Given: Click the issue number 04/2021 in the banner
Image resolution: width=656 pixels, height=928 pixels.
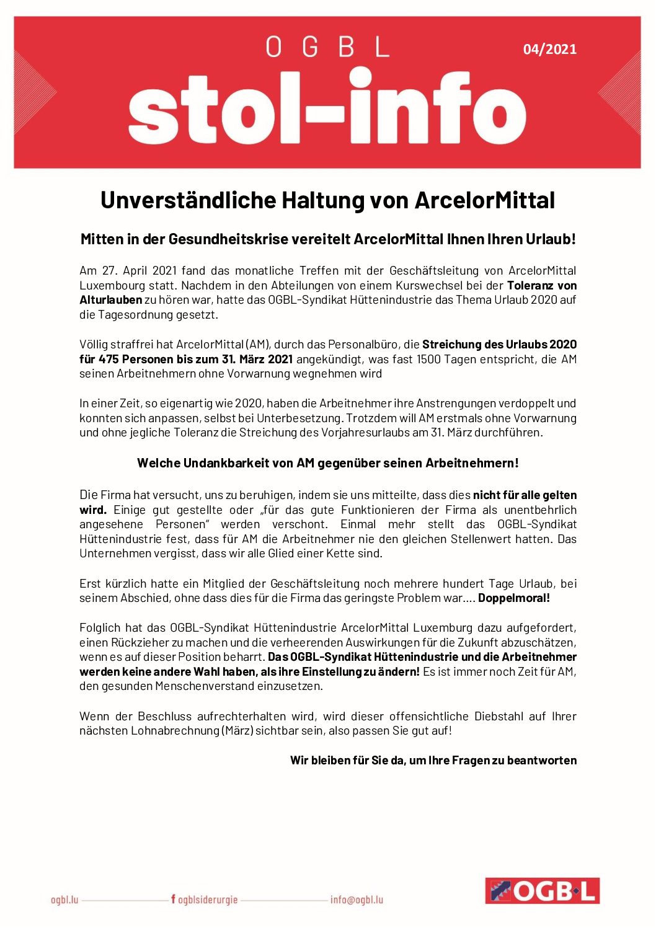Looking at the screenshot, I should pyautogui.click(x=549, y=49).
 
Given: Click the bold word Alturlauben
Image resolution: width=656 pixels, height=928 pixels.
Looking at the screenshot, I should pyautogui.click(x=110, y=300).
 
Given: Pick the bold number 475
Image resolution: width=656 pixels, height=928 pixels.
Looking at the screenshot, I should pyautogui.click(x=109, y=360).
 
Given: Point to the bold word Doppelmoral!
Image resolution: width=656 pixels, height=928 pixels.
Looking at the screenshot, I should pyautogui.click(x=514, y=598).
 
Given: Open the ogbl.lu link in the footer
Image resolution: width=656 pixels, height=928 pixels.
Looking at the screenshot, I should pyautogui.click(x=64, y=900).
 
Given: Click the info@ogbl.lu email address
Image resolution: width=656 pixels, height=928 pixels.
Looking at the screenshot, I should pyautogui.click(x=357, y=900).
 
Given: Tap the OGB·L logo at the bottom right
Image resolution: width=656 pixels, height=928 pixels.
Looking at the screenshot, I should pyautogui.click(x=542, y=891).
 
